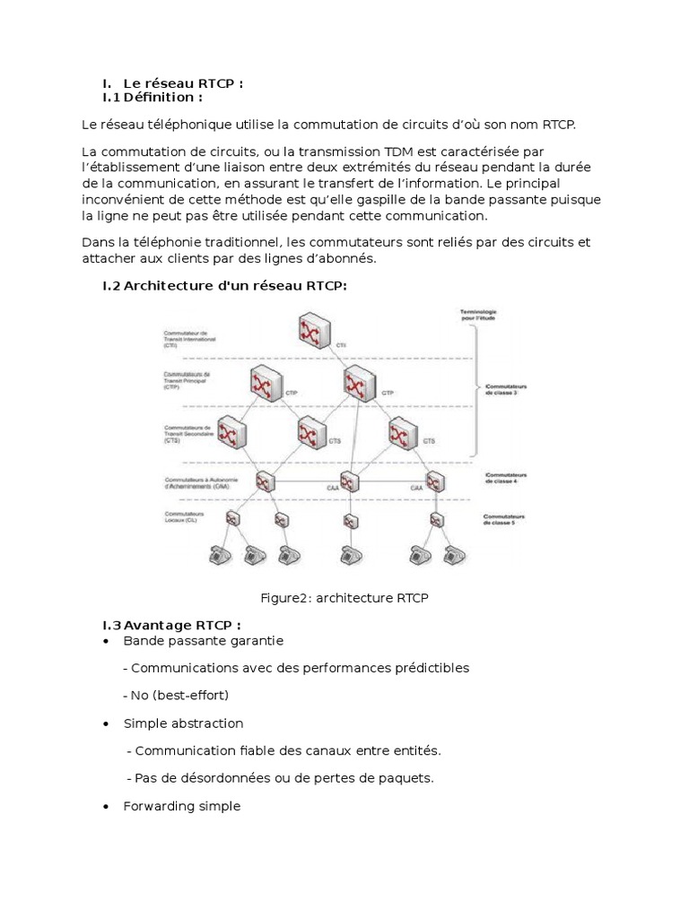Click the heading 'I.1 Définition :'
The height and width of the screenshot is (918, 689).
[153, 97]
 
